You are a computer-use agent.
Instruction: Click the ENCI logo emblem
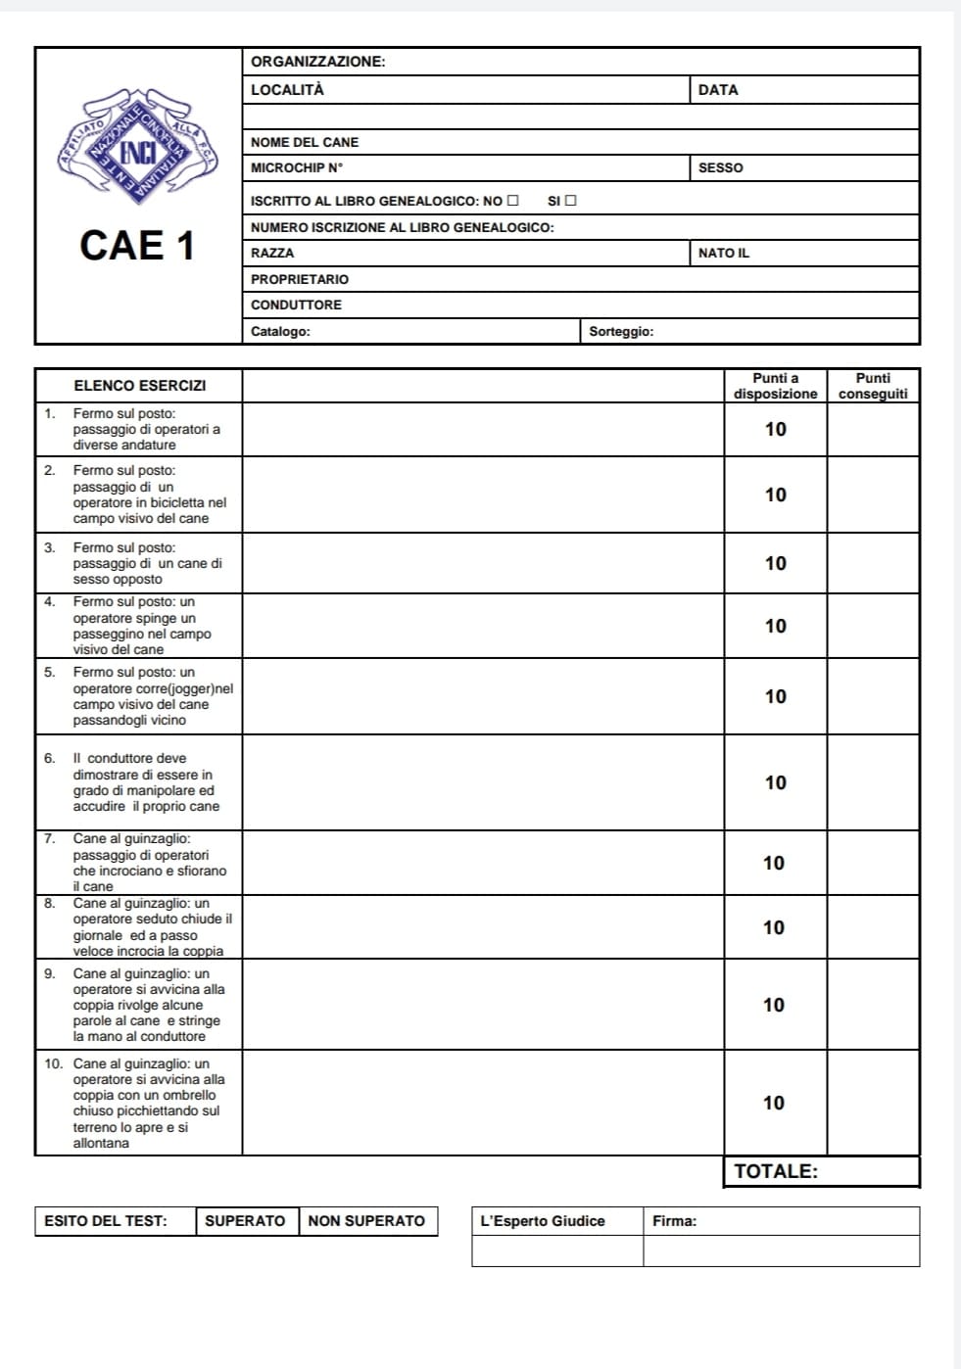[137, 147]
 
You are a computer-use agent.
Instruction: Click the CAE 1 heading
[137, 245]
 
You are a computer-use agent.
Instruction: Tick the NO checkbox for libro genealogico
[512, 201]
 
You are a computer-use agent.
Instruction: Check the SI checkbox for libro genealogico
[571, 201]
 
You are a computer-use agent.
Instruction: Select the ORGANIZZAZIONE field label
[317, 62]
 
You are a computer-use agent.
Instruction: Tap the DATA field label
[718, 90]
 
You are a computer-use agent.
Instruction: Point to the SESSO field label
[720, 167]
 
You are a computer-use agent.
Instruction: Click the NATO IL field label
[723, 253]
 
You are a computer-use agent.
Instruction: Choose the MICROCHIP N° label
[297, 167]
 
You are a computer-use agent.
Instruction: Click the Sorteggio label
[621, 331]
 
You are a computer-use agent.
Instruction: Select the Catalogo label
[280, 331]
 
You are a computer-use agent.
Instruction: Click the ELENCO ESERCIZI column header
[139, 386]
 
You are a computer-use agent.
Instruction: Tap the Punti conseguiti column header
[873, 386]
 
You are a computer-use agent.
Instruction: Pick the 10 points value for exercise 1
[775, 429]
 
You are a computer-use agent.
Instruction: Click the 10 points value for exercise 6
[775, 782]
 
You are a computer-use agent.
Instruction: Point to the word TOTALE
[775, 1171]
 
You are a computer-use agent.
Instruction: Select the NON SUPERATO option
[366, 1221]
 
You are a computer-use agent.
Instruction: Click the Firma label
[674, 1221]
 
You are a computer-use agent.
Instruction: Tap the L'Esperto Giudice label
[542, 1221]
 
